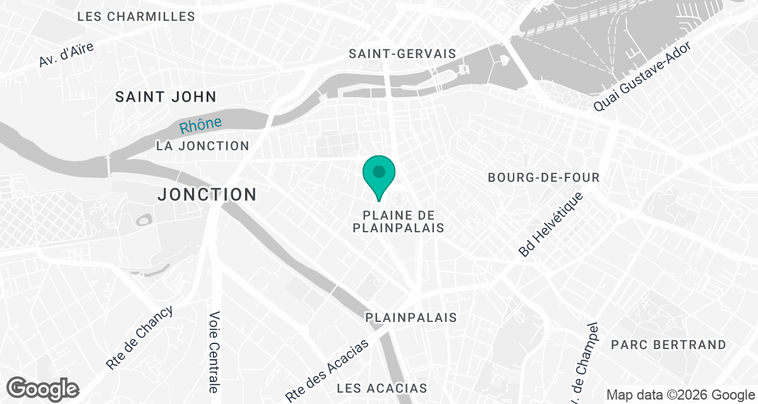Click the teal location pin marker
(x=379, y=173)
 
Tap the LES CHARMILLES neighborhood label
(x=136, y=17)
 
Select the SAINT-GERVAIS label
(x=402, y=54)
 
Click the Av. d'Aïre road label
(x=66, y=56)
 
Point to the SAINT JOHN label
(x=165, y=97)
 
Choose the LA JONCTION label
(x=203, y=146)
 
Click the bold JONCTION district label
(x=207, y=194)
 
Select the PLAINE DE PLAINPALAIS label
(x=398, y=222)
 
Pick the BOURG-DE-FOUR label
(x=543, y=178)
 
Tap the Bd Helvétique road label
(x=551, y=225)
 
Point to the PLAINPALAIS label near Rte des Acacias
(x=411, y=318)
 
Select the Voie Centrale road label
(x=215, y=352)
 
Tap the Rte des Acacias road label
(x=327, y=371)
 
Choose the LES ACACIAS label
(x=382, y=388)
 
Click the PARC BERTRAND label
(x=668, y=345)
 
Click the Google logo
(x=43, y=388)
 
